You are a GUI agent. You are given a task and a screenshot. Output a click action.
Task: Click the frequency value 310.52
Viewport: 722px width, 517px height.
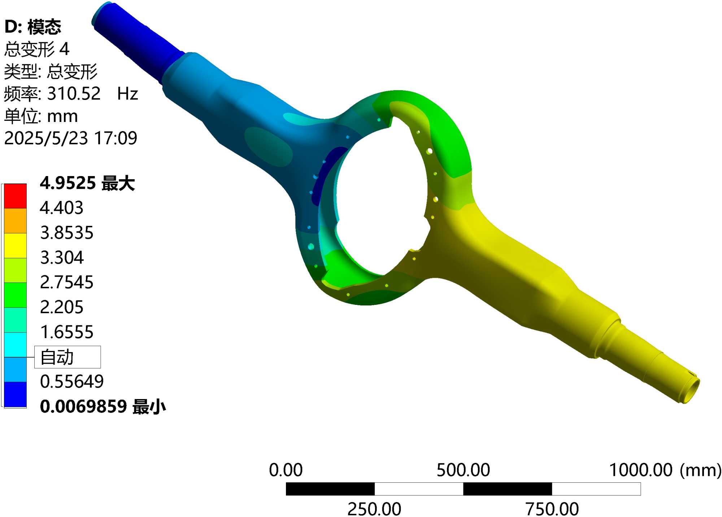coord(74,93)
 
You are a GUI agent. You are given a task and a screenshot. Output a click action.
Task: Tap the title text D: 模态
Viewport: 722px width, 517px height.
coord(33,27)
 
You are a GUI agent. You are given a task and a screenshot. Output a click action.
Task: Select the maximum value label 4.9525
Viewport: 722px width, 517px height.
coord(68,183)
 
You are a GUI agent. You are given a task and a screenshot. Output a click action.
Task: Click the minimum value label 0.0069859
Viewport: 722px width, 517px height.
coord(83,407)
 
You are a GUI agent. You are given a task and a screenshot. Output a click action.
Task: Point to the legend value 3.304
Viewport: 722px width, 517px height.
coord(62,258)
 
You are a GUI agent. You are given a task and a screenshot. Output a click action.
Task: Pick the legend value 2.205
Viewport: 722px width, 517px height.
coord(62,307)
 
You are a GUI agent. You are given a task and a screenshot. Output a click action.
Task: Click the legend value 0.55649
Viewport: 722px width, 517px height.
coord(72,382)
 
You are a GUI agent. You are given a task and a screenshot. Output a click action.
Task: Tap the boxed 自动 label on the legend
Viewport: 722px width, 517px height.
coord(68,357)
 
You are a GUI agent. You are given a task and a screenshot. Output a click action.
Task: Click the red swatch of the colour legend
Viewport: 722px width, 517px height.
coord(15,196)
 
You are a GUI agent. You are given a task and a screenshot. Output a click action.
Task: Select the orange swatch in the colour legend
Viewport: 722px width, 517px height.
coord(15,221)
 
